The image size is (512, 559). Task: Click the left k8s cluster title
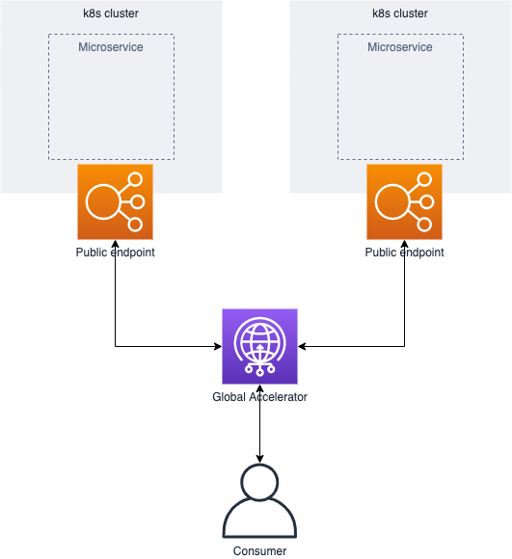pyautogui.click(x=111, y=13)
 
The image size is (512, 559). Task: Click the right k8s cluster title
pyautogui.click(x=400, y=13)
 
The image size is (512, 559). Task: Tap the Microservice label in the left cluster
pyautogui.click(x=111, y=47)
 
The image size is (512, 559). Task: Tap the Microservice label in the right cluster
pyautogui.click(x=400, y=47)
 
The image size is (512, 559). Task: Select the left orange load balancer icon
pyautogui.click(x=115, y=201)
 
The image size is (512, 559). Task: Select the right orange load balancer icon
pyautogui.click(x=404, y=201)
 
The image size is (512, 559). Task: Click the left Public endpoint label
pyautogui.click(x=115, y=253)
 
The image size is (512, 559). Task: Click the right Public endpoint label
pyautogui.click(x=404, y=253)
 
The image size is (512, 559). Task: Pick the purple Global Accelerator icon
pyautogui.click(x=260, y=347)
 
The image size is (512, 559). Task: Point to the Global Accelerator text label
pyautogui.click(x=260, y=397)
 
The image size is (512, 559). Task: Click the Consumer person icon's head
pyautogui.click(x=260, y=482)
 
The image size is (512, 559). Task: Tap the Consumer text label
pyautogui.click(x=260, y=550)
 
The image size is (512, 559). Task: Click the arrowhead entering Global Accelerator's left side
pyautogui.click(x=218, y=346)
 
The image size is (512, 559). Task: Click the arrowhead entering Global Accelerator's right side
pyautogui.click(x=302, y=346)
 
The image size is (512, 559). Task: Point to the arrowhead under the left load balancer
pyautogui.click(x=115, y=244)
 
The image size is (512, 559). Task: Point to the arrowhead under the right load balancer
pyautogui.click(x=404, y=244)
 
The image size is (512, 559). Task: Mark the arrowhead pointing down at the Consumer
pyautogui.click(x=260, y=459)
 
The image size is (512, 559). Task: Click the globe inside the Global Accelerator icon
pyautogui.click(x=260, y=342)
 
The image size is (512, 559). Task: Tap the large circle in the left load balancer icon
pyautogui.click(x=102, y=201)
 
